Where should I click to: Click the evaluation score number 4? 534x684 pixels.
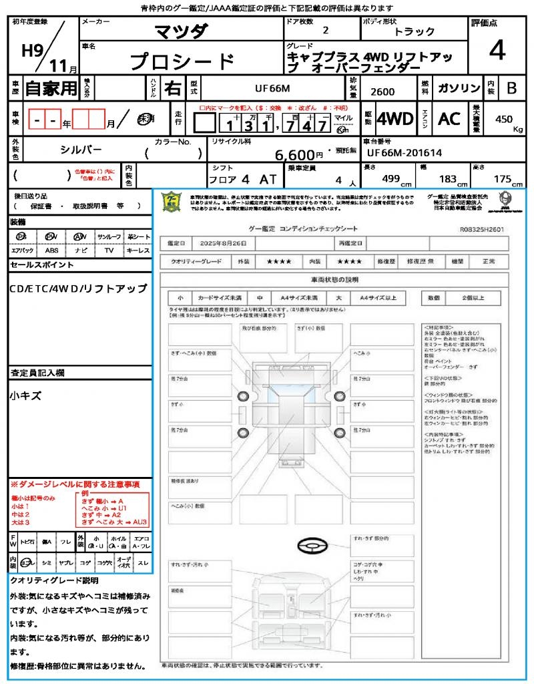coord(497,51)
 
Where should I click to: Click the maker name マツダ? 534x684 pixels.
coord(181,31)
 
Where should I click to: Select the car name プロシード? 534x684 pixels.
coord(182,61)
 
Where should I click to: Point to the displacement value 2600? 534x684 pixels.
coord(382,92)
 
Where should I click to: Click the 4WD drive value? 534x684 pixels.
coord(395,120)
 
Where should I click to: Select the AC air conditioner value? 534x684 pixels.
coord(449,119)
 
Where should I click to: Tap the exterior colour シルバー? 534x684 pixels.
coord(81,150)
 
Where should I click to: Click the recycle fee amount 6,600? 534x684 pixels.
coord(298,155)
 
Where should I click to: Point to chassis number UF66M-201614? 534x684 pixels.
coord(405,153)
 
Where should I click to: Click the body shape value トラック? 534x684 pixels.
coord(415,32)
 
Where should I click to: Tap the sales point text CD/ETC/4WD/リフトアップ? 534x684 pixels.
coord(78,289)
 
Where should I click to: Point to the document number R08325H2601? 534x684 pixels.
coord(481,229)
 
